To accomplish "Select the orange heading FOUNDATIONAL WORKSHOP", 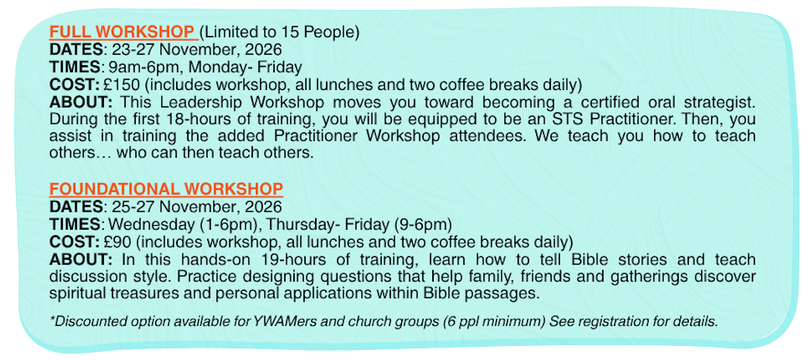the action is [166, 189].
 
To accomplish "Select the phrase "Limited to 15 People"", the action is [279, 33].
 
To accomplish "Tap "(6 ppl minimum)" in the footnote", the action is [496, 322].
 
